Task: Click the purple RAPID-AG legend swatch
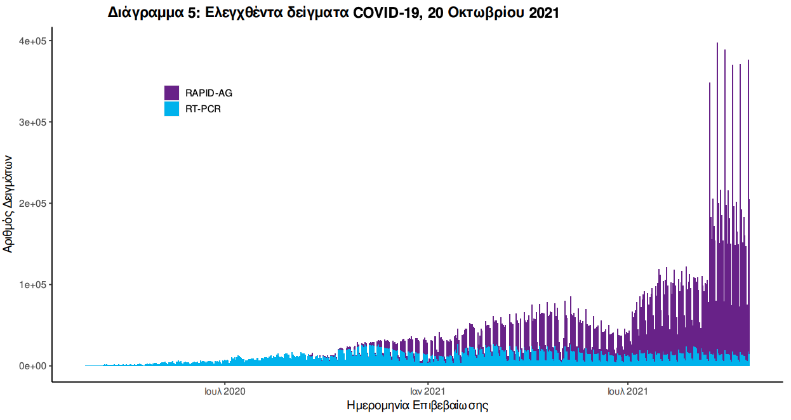(x=171, y=93)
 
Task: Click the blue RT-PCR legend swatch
(x=171, y=108)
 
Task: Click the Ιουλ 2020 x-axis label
(x=225, y=391)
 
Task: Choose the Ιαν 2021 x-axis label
(x=427, y=391)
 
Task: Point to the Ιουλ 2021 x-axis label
(x=628, y=391)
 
